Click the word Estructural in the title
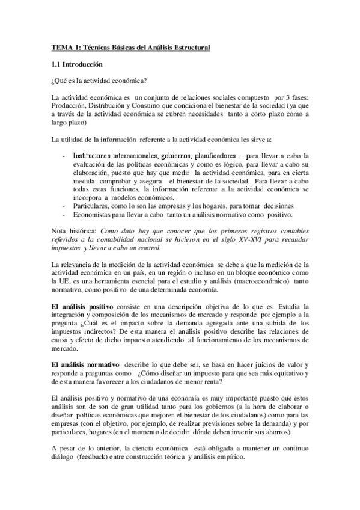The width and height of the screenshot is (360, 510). tap(191, 48)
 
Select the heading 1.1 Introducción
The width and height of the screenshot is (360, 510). tap(77, 64)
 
